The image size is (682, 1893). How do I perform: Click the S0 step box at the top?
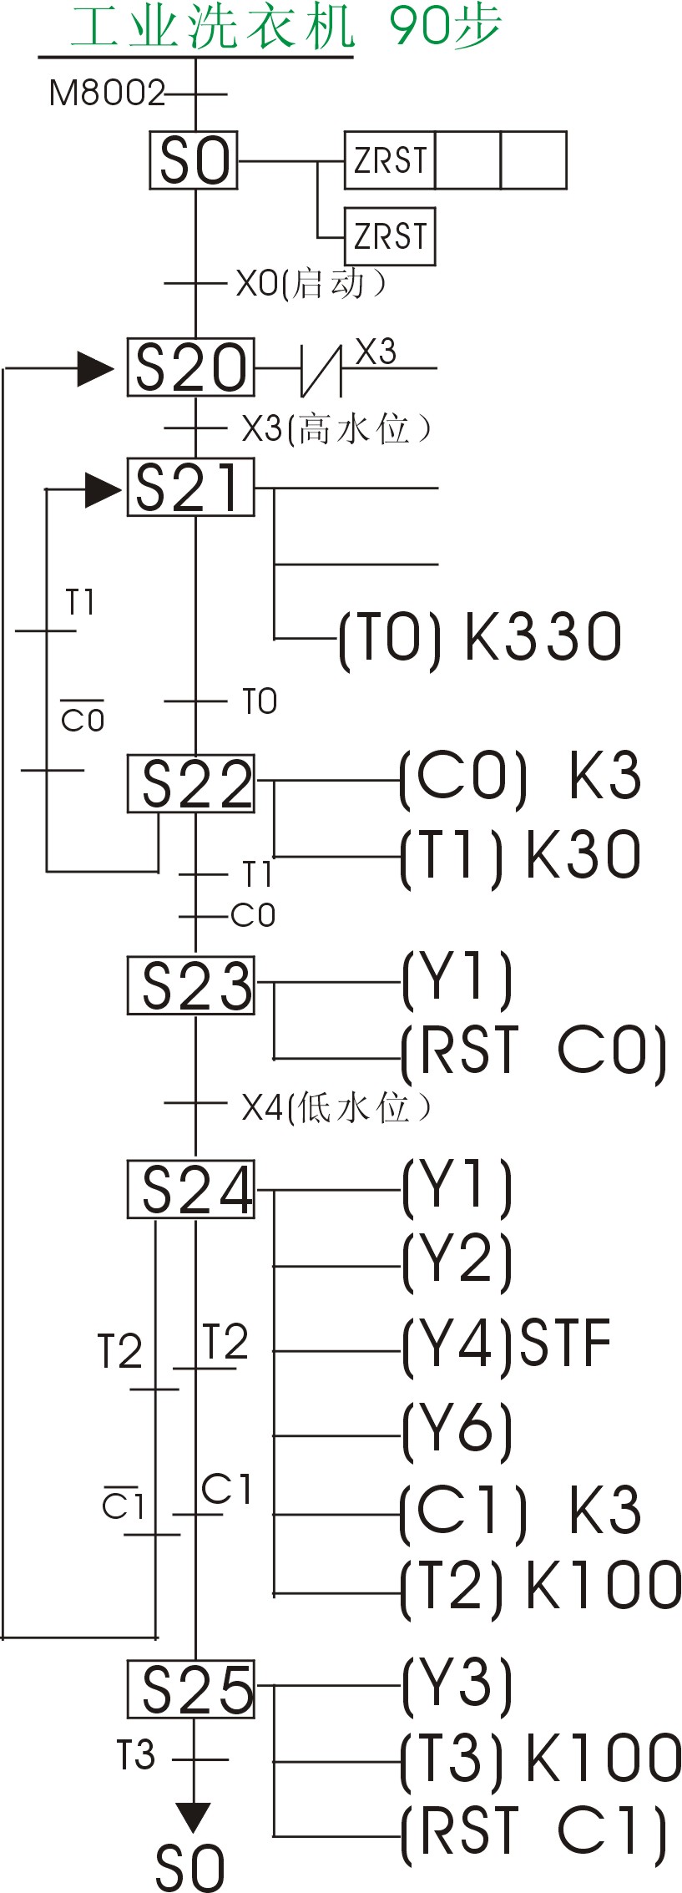click(x=194, y=159)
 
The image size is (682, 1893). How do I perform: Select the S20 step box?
click(x=190, y=367)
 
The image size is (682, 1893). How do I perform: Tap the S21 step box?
click(x=190, y=487)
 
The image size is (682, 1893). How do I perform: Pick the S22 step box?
click(x=190, y=783)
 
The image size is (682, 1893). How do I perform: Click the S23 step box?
click(x=190, y=985)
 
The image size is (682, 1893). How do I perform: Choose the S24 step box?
click(x=190, y=1189)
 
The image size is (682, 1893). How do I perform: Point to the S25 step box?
click(x=190, y=1689)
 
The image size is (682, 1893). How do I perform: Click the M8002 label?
click(x=107, y=94)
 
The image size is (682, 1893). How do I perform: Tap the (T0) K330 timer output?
click(x=480, y=638)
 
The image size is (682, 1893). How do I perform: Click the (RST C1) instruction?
click(x=534, y=1834)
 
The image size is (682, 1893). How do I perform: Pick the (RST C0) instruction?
click(x=534, y=1050)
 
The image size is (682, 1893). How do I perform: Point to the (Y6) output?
click(x=457, y=1431)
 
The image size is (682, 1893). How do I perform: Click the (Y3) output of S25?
click(x=457, y=1682)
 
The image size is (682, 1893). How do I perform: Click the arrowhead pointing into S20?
click(x=96, y=368)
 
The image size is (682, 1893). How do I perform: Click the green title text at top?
click(x=284, y=27)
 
